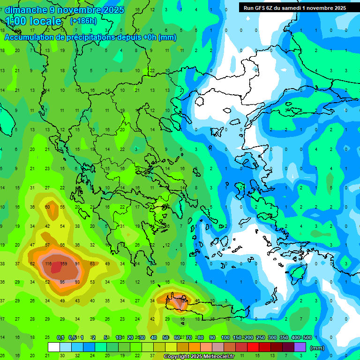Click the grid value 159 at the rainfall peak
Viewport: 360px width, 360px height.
tap(64, 263)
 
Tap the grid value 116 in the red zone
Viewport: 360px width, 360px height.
tap(48, 263)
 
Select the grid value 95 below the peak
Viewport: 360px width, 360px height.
tap(63, 282)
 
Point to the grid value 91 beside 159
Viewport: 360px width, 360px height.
tap(77, 263)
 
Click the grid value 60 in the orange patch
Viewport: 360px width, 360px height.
tap(47, 207)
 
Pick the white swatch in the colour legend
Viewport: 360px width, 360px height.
tap(54, 347)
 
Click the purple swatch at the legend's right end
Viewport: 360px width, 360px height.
tap(300, 347)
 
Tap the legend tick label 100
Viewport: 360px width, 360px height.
tap(225, 337)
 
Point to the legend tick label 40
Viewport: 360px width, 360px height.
tap(154, 337)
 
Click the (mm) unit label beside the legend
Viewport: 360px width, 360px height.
tap(317, 348)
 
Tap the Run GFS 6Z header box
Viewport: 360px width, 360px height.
tap(295, 8)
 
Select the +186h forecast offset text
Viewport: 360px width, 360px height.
tap(83, 21)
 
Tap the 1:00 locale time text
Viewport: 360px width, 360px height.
tap(33, 22)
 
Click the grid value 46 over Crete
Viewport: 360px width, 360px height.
tap(197, 300)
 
